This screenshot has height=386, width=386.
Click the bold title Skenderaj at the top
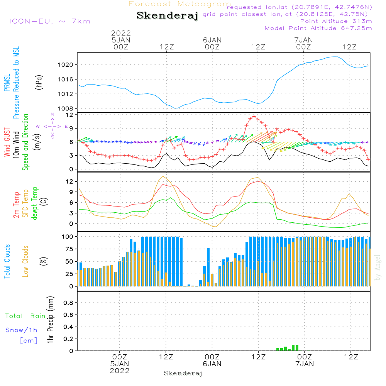point(167,16)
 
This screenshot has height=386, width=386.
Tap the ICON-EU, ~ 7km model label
point(49,21)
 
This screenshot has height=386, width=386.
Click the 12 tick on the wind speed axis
point(69,115)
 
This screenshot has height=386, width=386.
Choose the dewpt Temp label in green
point(35,203)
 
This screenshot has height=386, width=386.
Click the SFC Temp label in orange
point(26,203)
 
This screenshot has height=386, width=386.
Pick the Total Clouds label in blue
point(7,261)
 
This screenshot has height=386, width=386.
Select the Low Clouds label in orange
point(26,261)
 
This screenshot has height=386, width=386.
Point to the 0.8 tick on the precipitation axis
point(68,303)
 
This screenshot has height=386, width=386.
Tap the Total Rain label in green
point(25,316)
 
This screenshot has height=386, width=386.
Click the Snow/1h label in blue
point(22,330)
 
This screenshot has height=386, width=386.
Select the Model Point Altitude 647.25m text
point(318,28)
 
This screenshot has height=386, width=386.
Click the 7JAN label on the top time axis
point(303,40)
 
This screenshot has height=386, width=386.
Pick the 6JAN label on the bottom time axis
point(212,364)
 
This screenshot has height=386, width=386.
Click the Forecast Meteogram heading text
point(180,4)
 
